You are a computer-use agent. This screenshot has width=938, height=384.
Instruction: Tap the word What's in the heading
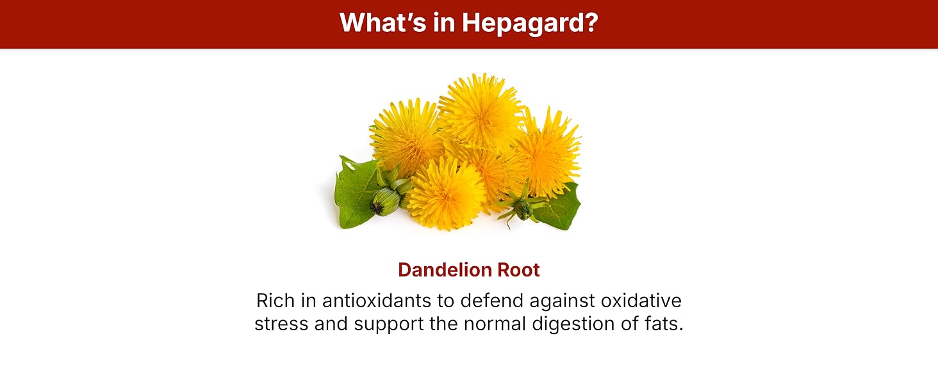pos(383,22)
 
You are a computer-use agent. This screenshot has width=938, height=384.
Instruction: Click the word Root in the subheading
pos(518,270)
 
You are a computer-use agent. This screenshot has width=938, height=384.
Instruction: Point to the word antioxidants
pos(377,301)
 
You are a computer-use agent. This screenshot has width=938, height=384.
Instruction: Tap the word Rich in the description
pos(274,301)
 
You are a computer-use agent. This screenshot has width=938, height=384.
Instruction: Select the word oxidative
pos(641,301)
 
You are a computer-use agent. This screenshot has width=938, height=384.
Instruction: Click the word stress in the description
pos(281,324)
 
